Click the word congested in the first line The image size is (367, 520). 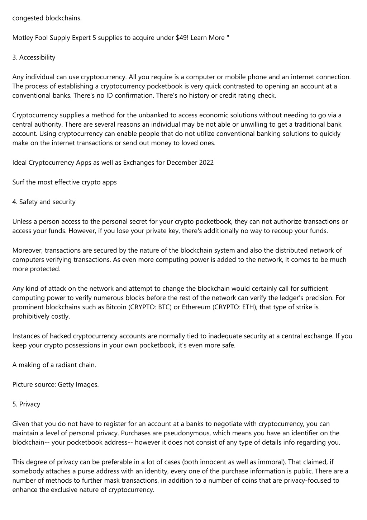[28, 18]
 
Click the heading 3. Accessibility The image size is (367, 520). [34, 57]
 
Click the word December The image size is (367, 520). [182, 163]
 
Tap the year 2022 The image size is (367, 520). [206, 163]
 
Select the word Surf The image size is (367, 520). [19, 182]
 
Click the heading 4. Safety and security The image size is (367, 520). [44, 202]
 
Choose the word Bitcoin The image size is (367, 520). [116, 307]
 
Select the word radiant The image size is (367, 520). [67, 365]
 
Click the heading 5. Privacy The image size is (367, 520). [26, 404]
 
